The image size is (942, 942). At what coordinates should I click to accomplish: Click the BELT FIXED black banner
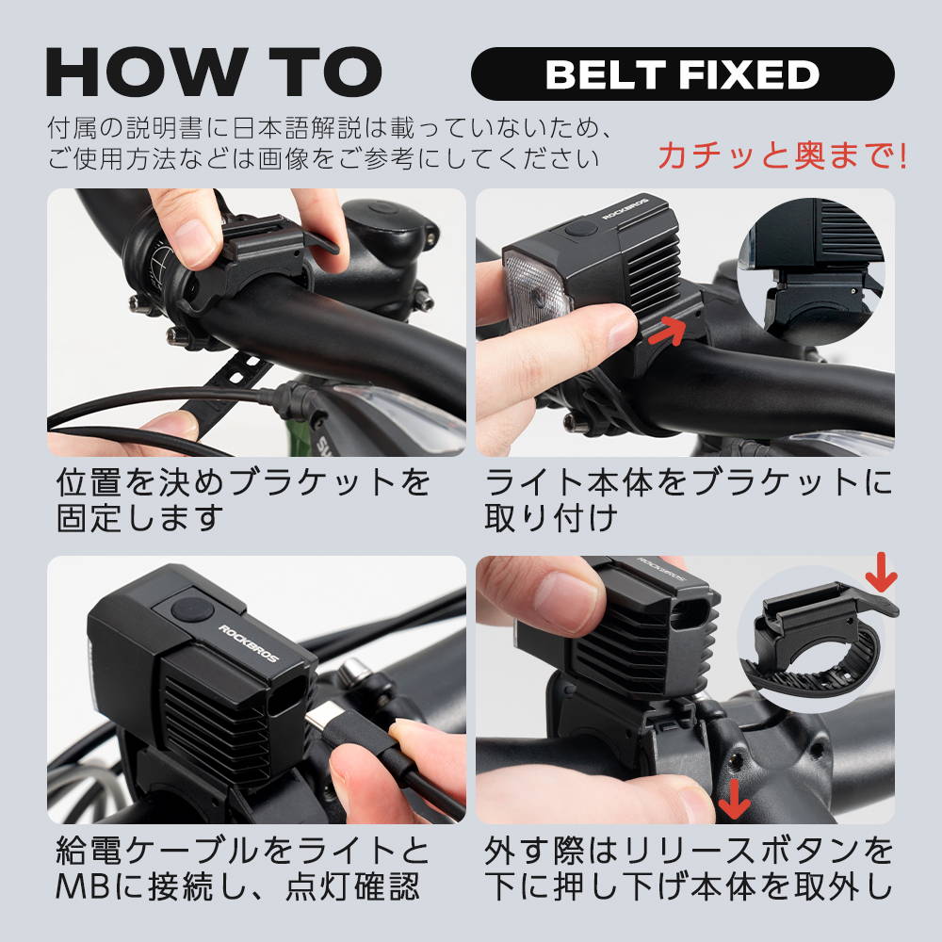click(682, 73)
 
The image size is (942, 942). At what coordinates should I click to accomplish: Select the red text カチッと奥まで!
click(783, 155)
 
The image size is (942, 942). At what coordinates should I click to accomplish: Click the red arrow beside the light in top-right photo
click(667, 331)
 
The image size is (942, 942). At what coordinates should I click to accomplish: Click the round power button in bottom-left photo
click(192, 609)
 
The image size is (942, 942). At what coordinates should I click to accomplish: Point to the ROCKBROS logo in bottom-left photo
click(248, 643)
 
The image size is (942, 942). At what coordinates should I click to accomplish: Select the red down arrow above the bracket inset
click(881, 573)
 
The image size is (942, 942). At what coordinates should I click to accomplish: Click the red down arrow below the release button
click(734, 799)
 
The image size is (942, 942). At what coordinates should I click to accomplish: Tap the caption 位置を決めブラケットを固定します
click(243, 500)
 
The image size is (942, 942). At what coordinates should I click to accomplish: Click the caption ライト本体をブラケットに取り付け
click(689, 500)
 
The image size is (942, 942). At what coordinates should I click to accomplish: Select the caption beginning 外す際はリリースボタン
click(689, 869)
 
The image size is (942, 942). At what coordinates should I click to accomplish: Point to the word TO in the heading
click(324, 72)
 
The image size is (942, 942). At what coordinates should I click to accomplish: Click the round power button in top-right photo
click(580, 229)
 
